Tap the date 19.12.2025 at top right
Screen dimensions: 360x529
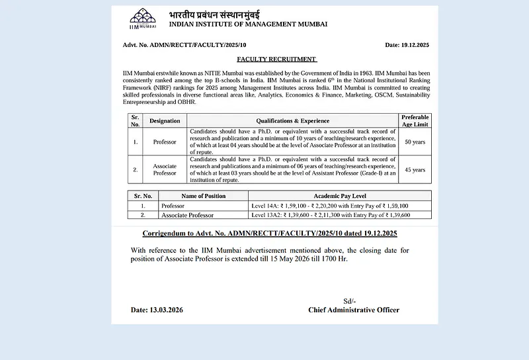[407, 45]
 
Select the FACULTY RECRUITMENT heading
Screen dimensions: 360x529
[276, 59]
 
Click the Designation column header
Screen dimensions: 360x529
[165, 121]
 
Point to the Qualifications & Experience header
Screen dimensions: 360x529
[292, 121]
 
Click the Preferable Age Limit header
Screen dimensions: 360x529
[415, 121]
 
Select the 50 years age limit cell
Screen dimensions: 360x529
[415, 142]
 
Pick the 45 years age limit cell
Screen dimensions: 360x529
[415, 169]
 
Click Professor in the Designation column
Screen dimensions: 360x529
[165, 142]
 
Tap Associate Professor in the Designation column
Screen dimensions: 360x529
[165, 169]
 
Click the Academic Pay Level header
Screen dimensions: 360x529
[340, 196]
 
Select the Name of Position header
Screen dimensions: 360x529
[203, 196]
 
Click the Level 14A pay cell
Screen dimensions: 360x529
[330, 206]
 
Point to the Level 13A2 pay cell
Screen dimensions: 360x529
[331, 215]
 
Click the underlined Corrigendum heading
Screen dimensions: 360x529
[270, 234]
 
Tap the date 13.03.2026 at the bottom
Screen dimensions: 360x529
[157, 310]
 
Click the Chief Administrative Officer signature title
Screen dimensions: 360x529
[354, 310]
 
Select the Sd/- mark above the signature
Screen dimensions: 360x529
[350, 300]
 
